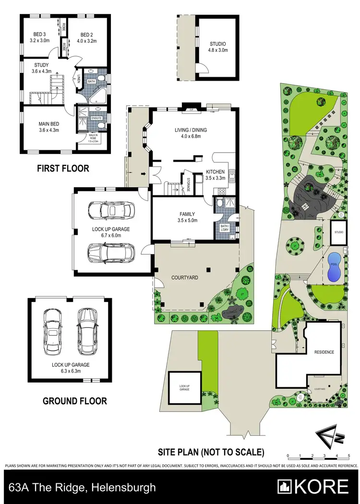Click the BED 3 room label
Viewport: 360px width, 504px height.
pyautogui.click(x=40, y=35)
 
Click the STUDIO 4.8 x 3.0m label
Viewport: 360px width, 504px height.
pyautogui.click(x=217, y=45)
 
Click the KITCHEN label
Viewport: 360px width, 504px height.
pyautogui.click(x=215, y=171)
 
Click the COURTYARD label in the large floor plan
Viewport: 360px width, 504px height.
pyautogui.click(x=185, y=277)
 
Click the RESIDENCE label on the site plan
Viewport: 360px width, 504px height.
pyautogui.click(x=324, y=352)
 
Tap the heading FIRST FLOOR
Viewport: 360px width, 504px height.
pyautogui.click(x=63, y=168)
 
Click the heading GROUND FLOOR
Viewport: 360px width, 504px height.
pyautogui.click(x=75, y=401)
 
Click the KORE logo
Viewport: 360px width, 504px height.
pyautogui.click(x=314, y=487)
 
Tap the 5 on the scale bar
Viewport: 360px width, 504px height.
pyautogui.click(x=348, y=456)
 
